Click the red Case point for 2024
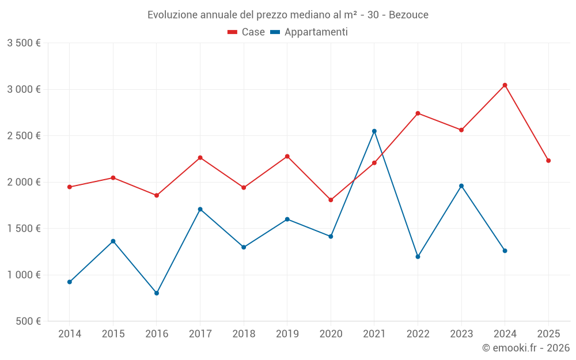tap(505, 85)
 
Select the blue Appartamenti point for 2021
tap(374, 131)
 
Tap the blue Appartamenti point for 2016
tap(157, 293)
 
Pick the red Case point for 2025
tap(548, 161)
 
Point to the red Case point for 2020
tap(331, 200)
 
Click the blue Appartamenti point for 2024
tap(505, 251)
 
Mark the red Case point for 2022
tap(418, 113)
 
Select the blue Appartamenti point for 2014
tap(70, 282)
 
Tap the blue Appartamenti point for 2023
tap(461, 186)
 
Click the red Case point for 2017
tap(200, 158)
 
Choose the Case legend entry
tap(247, 32)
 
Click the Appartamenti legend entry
tap(309, 32)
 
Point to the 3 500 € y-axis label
tap(24, 43)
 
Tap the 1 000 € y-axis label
tap(24, 275)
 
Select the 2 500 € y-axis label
tap(24, 136)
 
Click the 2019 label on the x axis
tap(287, 334)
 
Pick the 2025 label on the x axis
tap(548, 334)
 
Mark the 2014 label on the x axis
tap(70, 334)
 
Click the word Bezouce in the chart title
tap(408, 14)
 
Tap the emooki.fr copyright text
tap(525, 348)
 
